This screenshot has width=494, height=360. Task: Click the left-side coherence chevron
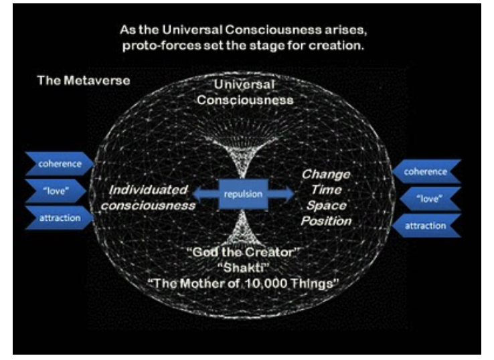[60, 163]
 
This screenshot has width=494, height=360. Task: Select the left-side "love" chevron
[56, 191]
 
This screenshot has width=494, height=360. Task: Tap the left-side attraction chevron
[60, 217]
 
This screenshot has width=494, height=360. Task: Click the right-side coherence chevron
[426, 171]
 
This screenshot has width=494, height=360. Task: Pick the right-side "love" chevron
[430, 199]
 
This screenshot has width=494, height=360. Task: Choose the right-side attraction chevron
[426, 226]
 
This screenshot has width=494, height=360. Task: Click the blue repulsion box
[243, 194]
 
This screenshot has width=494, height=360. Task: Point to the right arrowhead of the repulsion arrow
[289, 194]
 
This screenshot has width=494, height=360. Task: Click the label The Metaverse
[84, 80]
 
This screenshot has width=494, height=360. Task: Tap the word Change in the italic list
[326, 174]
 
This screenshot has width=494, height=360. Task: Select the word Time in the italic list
[326, 190]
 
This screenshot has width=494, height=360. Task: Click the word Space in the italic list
[326, 205]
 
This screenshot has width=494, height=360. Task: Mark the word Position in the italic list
[326, 221]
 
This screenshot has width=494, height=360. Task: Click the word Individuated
[148, 190]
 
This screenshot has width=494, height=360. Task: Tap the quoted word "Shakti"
[243, 268]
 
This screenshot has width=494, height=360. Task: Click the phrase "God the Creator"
[243, 252]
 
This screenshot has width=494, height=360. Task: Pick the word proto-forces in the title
[161, 46]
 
